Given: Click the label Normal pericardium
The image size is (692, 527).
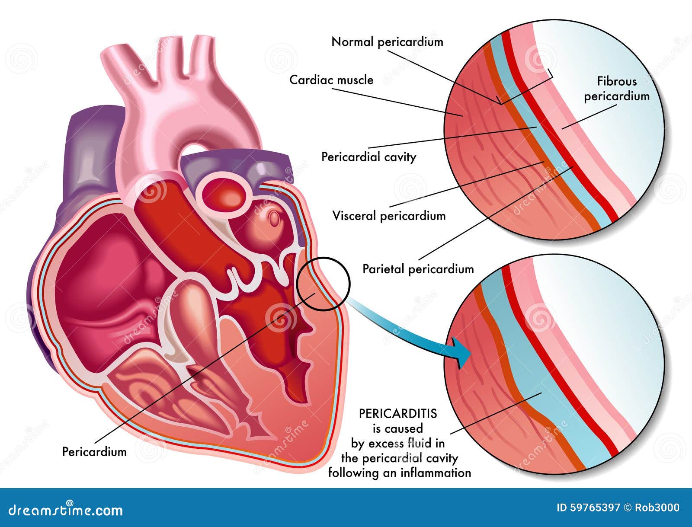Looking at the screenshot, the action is point(387,42).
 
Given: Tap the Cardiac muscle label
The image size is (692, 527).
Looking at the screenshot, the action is point(331,80).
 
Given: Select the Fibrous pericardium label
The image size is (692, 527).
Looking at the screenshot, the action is point(617,89).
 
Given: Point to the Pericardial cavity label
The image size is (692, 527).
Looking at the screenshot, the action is point(368,157).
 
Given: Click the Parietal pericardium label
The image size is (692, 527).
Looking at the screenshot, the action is point(418,269).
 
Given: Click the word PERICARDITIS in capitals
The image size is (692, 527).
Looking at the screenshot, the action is point(398,414).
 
